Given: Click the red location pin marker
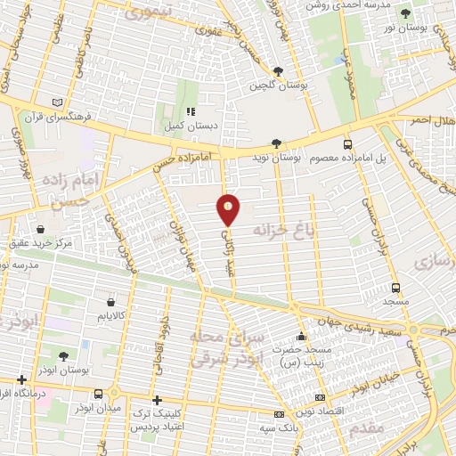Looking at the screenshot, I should [229, 209].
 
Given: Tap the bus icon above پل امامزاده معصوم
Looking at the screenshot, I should [347, 143].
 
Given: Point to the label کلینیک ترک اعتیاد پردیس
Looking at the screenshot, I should [163, 421].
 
